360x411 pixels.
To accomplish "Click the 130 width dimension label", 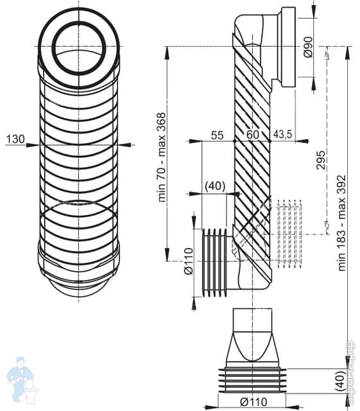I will tap(15, 138).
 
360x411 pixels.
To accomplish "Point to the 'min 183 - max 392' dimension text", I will tap(342, 222).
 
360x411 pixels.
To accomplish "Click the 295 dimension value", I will tap(321, 159).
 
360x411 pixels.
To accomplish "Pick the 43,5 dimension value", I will tap(283, 134).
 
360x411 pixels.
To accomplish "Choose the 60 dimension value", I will tap(253, 134).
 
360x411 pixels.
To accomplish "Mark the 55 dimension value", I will tap(217, 134).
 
